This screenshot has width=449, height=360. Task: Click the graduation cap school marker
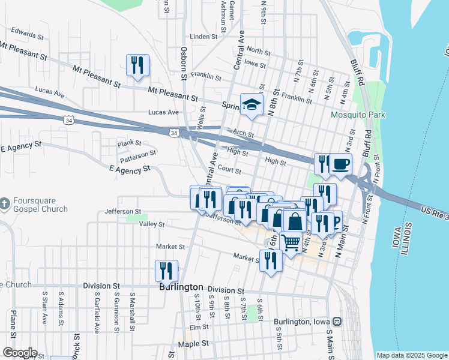252,104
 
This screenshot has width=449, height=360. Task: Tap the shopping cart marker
291,243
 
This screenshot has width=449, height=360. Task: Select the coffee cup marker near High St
340,164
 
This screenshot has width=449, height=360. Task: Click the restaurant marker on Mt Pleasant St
138,65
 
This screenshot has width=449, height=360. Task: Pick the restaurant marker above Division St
167,271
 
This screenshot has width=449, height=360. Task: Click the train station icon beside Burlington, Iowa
337,322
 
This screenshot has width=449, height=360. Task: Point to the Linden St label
203,37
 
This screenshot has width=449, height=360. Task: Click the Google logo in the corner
20,353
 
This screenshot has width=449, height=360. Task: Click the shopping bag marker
295,221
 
